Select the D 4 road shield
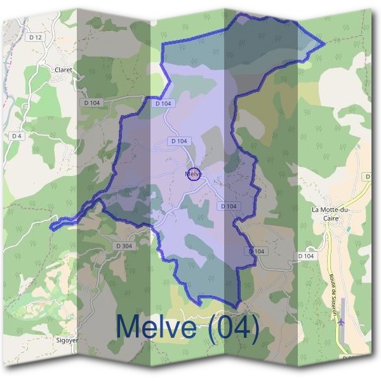(17, 136)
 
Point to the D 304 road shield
(125, 246)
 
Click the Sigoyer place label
(68, 339)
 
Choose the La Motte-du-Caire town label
(331, 213)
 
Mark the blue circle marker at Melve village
(194, 173)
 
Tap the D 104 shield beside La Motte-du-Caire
(306, 255)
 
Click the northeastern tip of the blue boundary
(324, 44)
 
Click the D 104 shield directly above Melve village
(179, 140)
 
